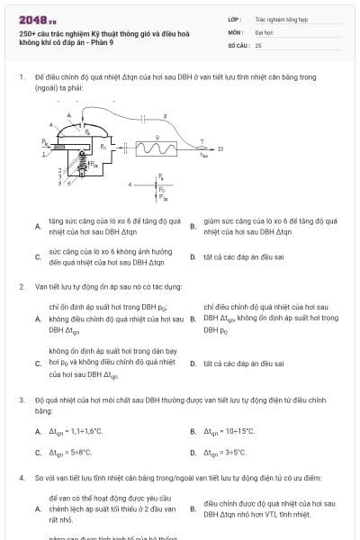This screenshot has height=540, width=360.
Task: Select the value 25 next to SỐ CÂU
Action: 258,43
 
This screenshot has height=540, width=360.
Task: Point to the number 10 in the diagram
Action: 220,148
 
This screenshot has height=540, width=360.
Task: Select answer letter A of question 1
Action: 38,226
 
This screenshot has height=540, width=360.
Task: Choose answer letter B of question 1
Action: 193,226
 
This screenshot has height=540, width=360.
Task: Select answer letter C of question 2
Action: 38,363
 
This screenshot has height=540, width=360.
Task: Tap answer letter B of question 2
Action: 193,318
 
